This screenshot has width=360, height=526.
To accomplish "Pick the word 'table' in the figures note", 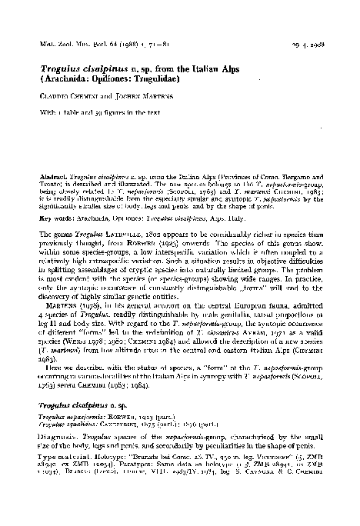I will pyautogui.click(x=81, y=114).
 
